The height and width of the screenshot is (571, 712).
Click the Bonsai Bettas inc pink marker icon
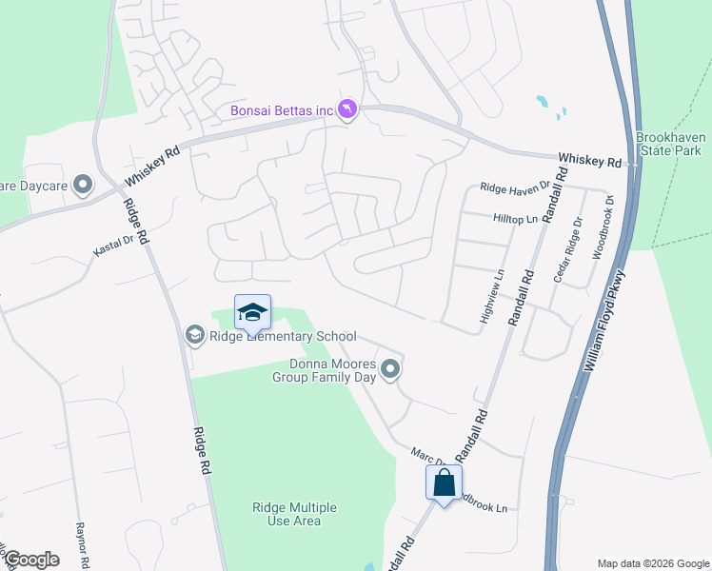point(348,111)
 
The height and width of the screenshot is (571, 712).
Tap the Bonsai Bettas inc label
point(283,111)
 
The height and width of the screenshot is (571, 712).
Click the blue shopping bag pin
point(444,483)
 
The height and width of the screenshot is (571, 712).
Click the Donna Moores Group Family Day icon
point(390,368)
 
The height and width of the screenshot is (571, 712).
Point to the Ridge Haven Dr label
point(515,189)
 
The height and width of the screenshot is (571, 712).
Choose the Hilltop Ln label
point(516,219)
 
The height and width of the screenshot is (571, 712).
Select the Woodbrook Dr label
point(601,229)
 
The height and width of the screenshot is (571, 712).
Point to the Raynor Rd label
point(81,539)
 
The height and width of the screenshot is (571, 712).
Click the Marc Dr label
point(425,458)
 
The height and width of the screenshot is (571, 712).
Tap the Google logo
point(31,560)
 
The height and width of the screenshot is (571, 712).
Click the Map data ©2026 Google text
point(652,562)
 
